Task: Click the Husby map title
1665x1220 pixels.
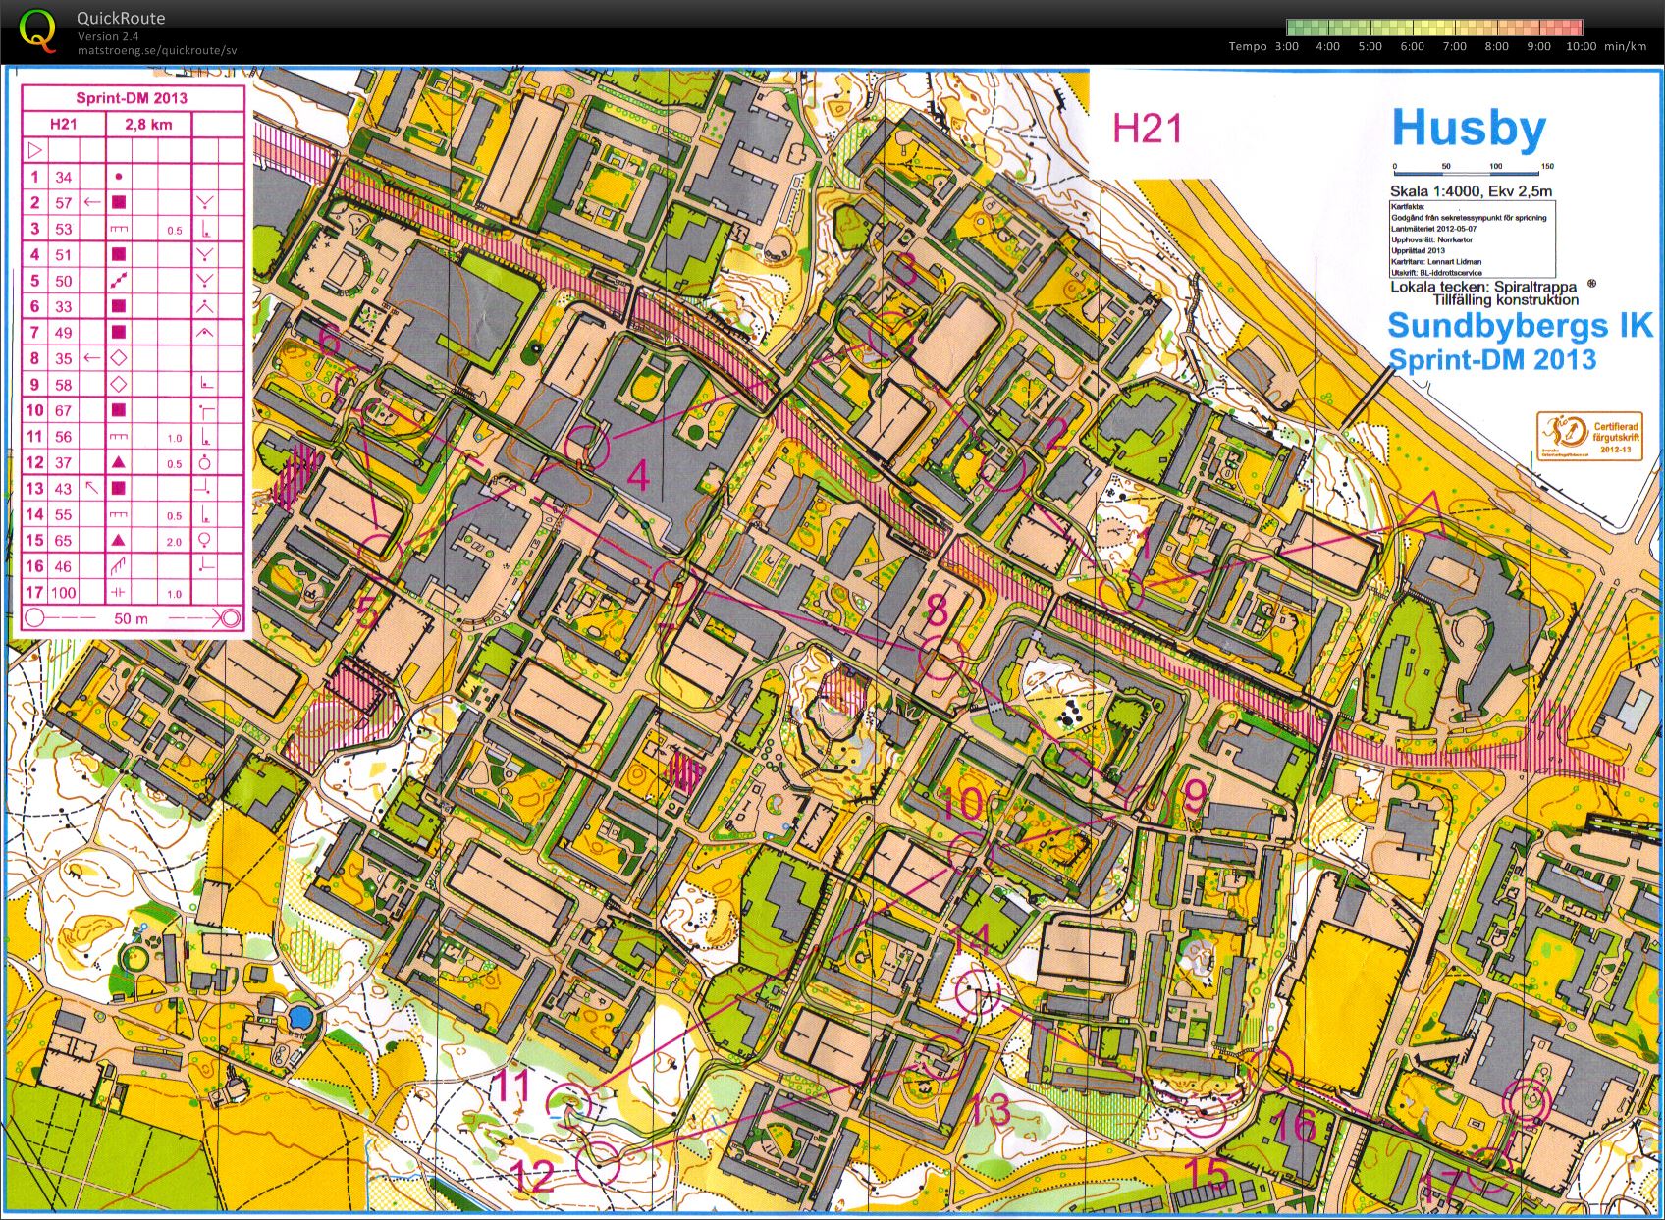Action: pyautogui.click(x=1468, y=129)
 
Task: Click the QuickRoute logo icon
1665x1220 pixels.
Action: pyautogui.click(x=37, y=29)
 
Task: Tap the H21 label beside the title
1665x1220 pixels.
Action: pyautogui.click(x=1147, y=129)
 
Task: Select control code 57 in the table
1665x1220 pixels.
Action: pyautogui.click(x=63, y=202)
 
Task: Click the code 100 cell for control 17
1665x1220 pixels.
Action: pyautogui.click(x=63, y=592)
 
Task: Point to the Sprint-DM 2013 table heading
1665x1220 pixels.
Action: pyautogui.click(x=132, y=98)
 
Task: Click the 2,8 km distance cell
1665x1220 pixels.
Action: pyautogui.click(x=147, y=124)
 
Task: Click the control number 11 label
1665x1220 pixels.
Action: pyautogui.click(x=510, y=1086)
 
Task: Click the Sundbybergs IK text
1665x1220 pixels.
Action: pyautogui.click(x=1520, y=325)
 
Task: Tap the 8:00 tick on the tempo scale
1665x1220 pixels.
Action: pyautogui.click(x=1496, y=46)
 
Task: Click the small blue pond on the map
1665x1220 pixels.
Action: pyautogui.click(x=300, y=1017)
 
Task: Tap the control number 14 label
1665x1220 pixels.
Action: pyautogui.click(x=972, y=941)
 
